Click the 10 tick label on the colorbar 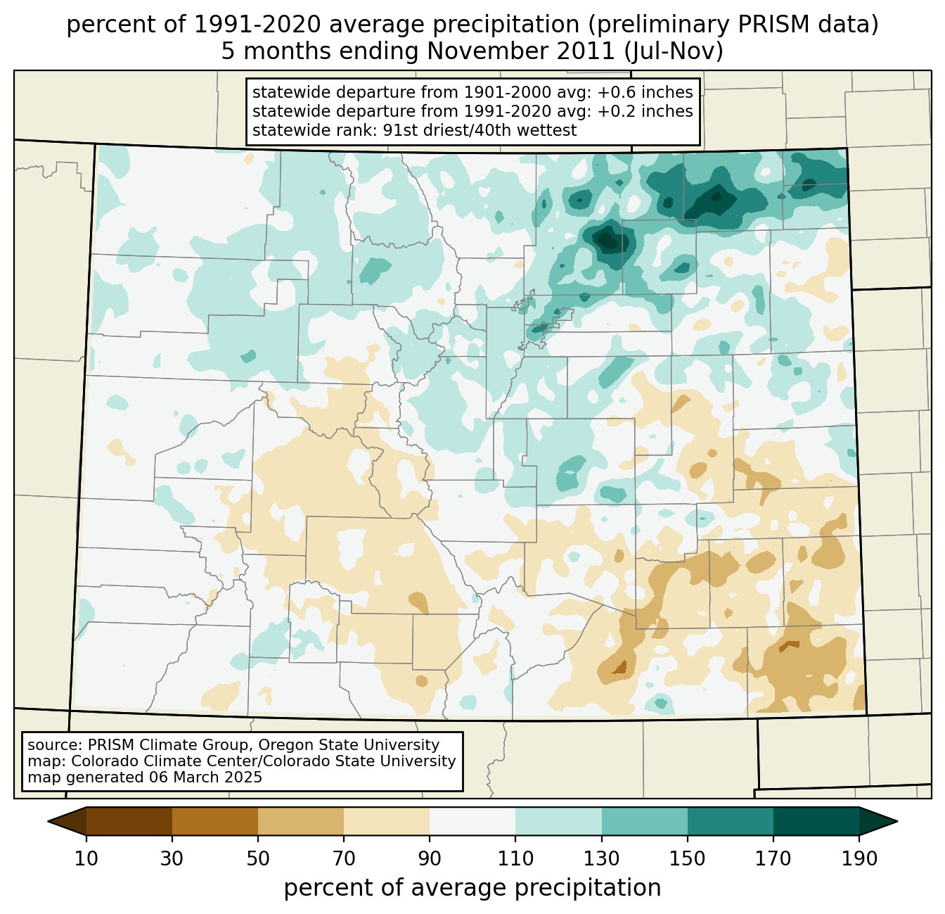tap(86, 859)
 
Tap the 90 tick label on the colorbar tap(430, 859)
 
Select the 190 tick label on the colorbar tap(859, 859)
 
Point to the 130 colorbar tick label tap(601, 859)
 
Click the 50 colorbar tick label tap(258, 859)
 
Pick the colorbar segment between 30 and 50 tap(215, 821)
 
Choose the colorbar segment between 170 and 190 tap(816, 821)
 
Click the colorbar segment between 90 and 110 tap(472, 821)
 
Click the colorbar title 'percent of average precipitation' tap(472, 888)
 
